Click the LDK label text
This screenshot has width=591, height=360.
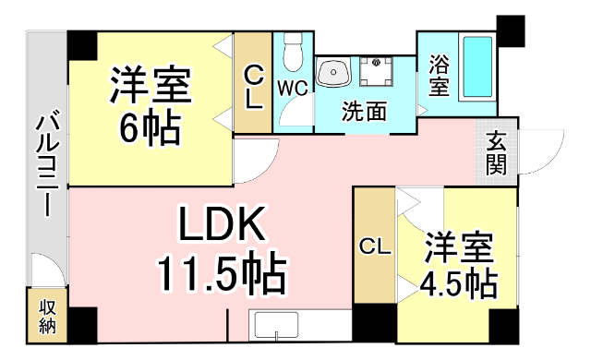[x=223, y=223]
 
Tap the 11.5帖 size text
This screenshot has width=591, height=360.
[x=221, y=273]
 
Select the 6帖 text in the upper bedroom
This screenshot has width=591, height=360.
[x=150, y=130]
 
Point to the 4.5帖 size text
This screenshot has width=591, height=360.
[x=458, y=283]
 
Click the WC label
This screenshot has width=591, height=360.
[x=293, y=89]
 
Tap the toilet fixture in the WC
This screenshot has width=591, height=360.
[x=294, y=52]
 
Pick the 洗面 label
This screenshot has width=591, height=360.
[x=363, y=112]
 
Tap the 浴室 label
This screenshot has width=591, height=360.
[x=439, y=78]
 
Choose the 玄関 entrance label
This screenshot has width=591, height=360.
[x=496, y=153]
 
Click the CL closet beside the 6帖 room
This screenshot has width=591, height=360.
[x=253, y=83]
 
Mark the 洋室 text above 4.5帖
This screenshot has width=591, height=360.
[x=459, y=247]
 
